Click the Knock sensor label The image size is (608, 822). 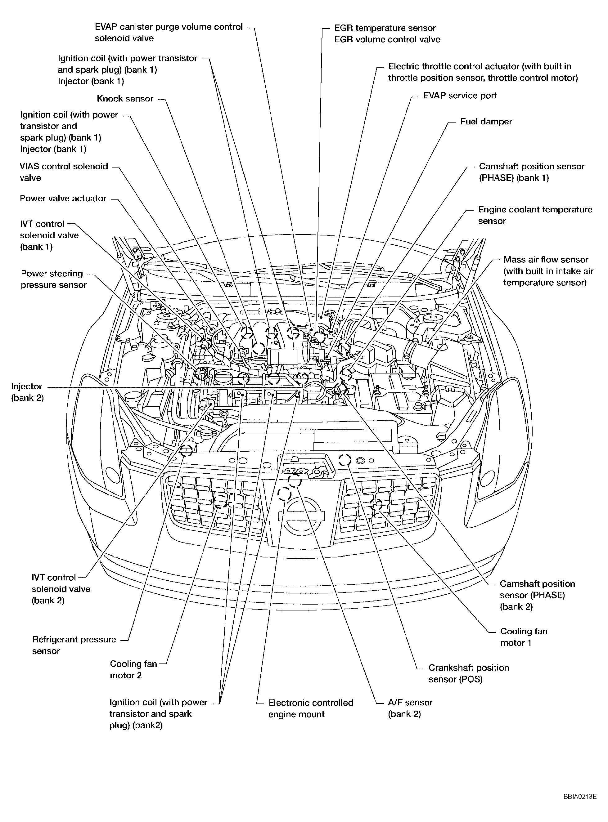[125, 99]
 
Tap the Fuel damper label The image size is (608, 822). [486, 121]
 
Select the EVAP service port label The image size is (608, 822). [460, 95]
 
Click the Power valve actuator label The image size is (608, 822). [63, 198]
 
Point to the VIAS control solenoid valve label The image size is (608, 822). [64, 172]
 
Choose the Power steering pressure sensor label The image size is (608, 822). [53, 279]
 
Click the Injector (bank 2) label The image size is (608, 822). [27, 392]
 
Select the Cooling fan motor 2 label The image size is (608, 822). [133, 669]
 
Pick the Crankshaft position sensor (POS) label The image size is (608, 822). [468, 673]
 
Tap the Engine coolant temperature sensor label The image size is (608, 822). [535, 215]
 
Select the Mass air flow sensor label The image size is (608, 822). [548, 271]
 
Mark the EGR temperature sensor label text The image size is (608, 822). [385, 28]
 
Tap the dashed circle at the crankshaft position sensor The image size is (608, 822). [345, 459]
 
